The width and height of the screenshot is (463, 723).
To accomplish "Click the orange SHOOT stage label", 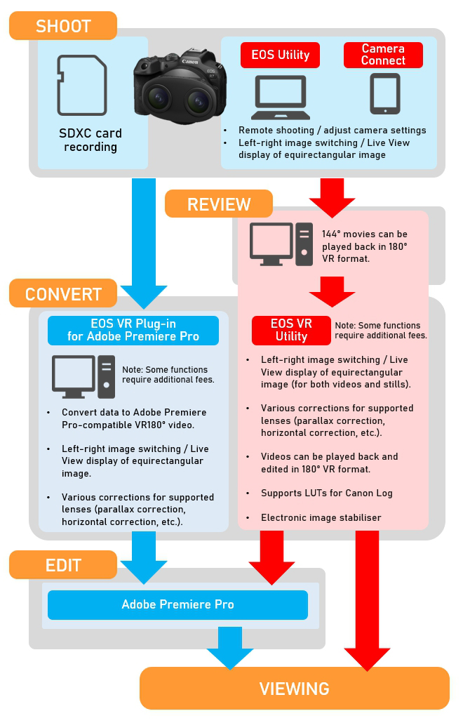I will click(63, 27).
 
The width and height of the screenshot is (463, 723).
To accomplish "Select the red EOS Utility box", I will click(281, 55).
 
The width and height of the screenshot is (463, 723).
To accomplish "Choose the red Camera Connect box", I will click(383, 55).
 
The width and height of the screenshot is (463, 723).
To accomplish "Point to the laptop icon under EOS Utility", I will click(281, 97).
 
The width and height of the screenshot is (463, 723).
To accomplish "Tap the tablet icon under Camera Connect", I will click(384, 94).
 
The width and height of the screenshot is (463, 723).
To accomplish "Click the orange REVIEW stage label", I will click(219, 204).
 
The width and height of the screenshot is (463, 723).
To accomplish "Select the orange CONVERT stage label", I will click(64, 294).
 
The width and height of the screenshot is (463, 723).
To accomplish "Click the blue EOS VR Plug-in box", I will click(133, 330).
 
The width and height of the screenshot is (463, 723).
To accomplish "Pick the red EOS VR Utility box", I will click(291, 331).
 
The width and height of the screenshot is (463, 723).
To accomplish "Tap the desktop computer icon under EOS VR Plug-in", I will click(83, 377).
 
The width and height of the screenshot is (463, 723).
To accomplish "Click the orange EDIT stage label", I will click(63, 565).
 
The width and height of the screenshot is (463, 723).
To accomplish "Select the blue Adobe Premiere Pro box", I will click(177, 604).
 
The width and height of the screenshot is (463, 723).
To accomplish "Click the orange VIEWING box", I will click(295, 688).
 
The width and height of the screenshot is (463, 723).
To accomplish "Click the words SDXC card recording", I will click(90, 140).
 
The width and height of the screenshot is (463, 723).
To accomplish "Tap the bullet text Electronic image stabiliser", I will click(311, 518).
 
